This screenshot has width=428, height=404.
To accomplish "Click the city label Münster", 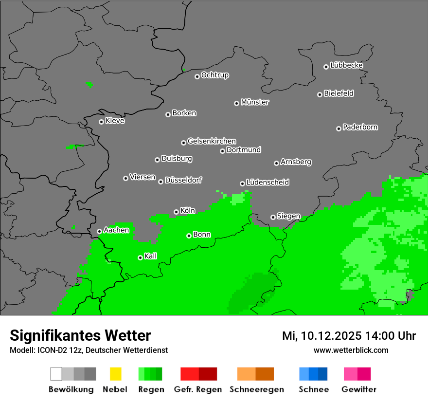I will coord(255,102).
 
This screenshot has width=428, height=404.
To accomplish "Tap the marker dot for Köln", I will coord(176,212).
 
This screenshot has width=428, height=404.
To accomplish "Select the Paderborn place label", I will coord(360,127).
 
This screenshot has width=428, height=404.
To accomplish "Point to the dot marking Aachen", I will coord(99,231).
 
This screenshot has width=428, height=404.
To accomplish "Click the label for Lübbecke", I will coord(346,65).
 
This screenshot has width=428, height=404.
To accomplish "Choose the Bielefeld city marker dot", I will coord(320,94).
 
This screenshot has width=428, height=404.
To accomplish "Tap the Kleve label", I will coord(115,121).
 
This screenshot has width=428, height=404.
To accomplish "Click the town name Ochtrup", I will coord(214,75).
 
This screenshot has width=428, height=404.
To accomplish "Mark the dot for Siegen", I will coord(273,217).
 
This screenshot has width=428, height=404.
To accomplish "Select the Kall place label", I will coord(150,256).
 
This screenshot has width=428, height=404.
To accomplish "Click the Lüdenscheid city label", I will coord(267,182).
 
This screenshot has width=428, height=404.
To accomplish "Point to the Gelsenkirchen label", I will coord(212,141).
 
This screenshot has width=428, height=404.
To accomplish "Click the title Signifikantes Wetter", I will coord(80,335).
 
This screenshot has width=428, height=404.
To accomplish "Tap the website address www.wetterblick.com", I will coord(351,350).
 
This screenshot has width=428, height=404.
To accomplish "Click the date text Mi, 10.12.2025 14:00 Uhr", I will coord(349,336).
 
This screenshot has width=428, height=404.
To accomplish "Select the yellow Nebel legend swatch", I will coord(115,374).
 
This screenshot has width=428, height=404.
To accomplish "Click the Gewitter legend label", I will coord(358,389).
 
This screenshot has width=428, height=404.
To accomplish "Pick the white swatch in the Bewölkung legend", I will coord(56,374).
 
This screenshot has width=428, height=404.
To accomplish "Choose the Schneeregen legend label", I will coord(256,389).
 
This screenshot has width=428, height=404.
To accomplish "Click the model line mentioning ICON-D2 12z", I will coord(89,350).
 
